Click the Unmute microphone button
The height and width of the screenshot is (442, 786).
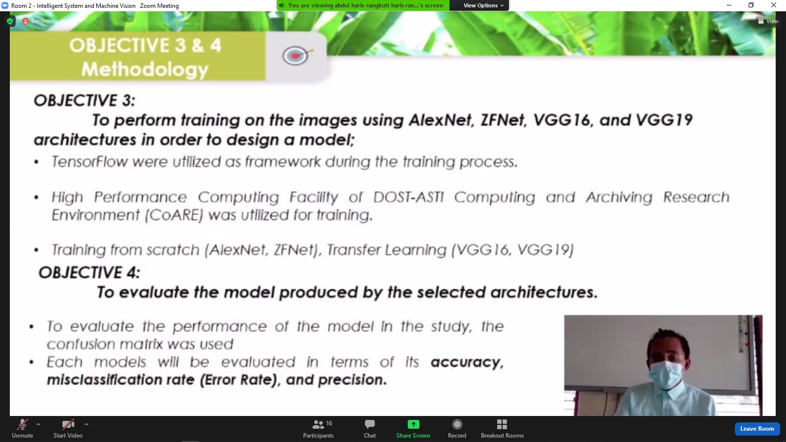(23, 429)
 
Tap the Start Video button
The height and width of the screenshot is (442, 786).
(68, 429)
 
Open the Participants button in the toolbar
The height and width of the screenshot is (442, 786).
(318, 429)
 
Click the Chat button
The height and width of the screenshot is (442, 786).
(369, 429)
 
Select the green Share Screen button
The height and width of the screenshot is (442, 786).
(413, 429)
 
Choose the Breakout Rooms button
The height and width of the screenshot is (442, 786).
(502, 429)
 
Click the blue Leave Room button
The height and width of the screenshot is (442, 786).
(757, 429)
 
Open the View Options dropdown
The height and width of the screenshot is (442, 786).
(483, 5)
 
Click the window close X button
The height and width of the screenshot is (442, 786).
(773, 5)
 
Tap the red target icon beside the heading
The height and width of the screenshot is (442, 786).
(295, 56)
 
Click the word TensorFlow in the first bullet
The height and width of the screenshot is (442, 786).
(90, 162)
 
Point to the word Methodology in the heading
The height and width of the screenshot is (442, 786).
(145, 70)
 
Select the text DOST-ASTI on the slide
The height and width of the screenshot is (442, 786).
(408, 197)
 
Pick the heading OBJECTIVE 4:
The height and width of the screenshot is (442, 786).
(89, 273)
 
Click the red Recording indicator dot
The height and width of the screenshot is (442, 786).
(25, 21)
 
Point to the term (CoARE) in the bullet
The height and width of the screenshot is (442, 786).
(174, 215)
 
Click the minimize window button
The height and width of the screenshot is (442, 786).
(729, 5)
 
